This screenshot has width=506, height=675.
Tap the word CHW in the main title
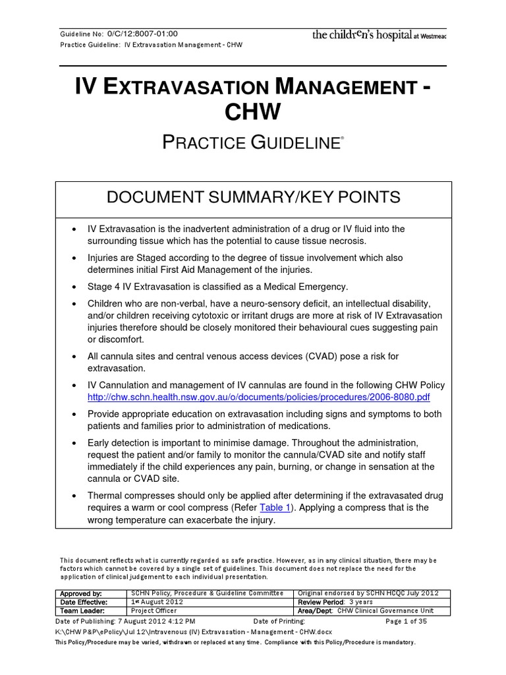[x=252, y=111]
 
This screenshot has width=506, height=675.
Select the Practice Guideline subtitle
[x=252, y=142]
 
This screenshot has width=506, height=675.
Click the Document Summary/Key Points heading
[x=254, y=197]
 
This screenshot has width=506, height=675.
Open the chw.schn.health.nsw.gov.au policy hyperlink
[x=258, y=397]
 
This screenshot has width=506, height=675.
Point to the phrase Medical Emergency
[x=308, y=287]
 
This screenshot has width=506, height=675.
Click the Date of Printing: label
[x=279, y=621]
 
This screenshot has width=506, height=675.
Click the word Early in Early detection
[x=99, y=443]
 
